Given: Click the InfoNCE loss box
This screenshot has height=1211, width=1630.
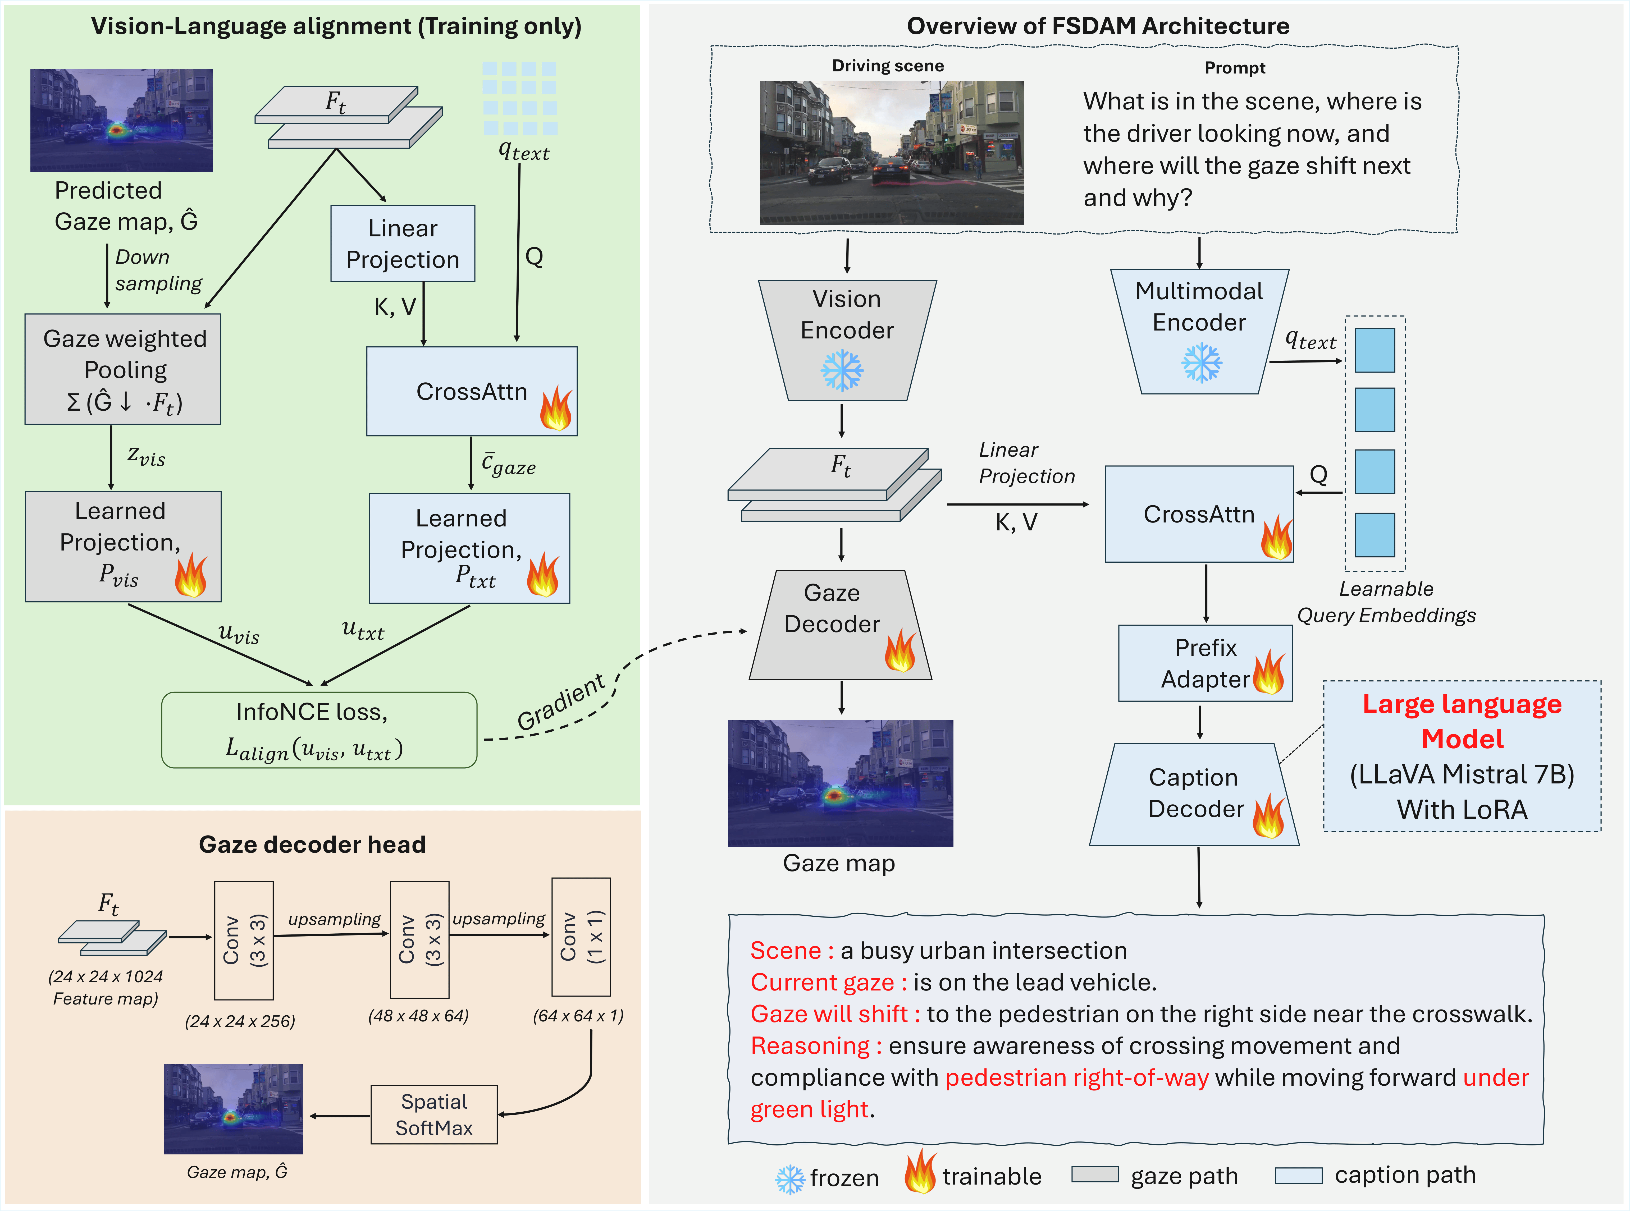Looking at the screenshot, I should (319, 730).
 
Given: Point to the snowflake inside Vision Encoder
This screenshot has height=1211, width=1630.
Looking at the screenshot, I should (842, 370).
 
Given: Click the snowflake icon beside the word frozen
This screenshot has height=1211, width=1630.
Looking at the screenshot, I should (790, 1179).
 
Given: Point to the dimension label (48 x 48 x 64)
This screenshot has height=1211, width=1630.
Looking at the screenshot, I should (418, 1015).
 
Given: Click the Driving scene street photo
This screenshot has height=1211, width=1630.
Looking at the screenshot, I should (892, 153).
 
